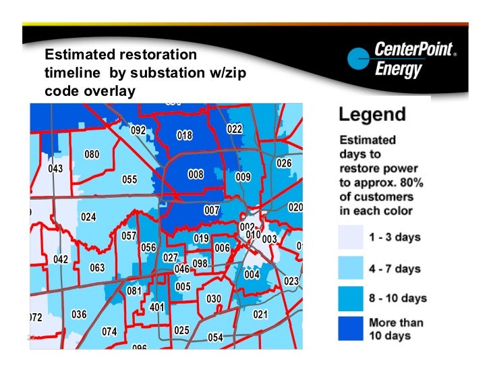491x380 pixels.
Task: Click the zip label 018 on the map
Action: pyautogui.click(x=184, y=136)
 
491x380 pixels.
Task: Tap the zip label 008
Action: pyautogui.click(x=196, y=175)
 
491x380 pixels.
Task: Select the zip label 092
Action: pyautogui.click(x=138, y=130)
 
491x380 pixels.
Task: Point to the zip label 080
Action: pyautogui.click(x=92, y=155)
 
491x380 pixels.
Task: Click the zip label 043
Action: pyautogui.click(x=56, y=168)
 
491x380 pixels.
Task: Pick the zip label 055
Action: pyautogui.click(x=129, y=180)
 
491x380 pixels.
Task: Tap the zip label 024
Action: pyautogui.click(x=88, y=217)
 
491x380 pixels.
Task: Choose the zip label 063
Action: pyautogui.click(x=97, y=267)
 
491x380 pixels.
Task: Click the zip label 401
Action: pyautogui.click(x=157, y=307)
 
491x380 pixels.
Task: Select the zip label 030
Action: pyautogui.click(x=214, y=299)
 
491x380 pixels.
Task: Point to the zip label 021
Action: pyautogui.click(x=260, y=315)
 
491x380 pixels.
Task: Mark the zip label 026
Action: pyautogui.click(x=284, y=163)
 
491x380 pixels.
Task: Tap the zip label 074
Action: pyautogui.click(x=109, y=331)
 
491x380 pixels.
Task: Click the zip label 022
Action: pyautogui.click(x=234, y=129)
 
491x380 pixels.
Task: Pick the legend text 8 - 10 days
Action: pyautogui.click(x=398, y=298)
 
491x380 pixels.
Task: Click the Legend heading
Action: pyautogui.click(x=372, y=115)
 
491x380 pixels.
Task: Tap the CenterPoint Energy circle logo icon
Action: pyautogui.click(x=357, y=60)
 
